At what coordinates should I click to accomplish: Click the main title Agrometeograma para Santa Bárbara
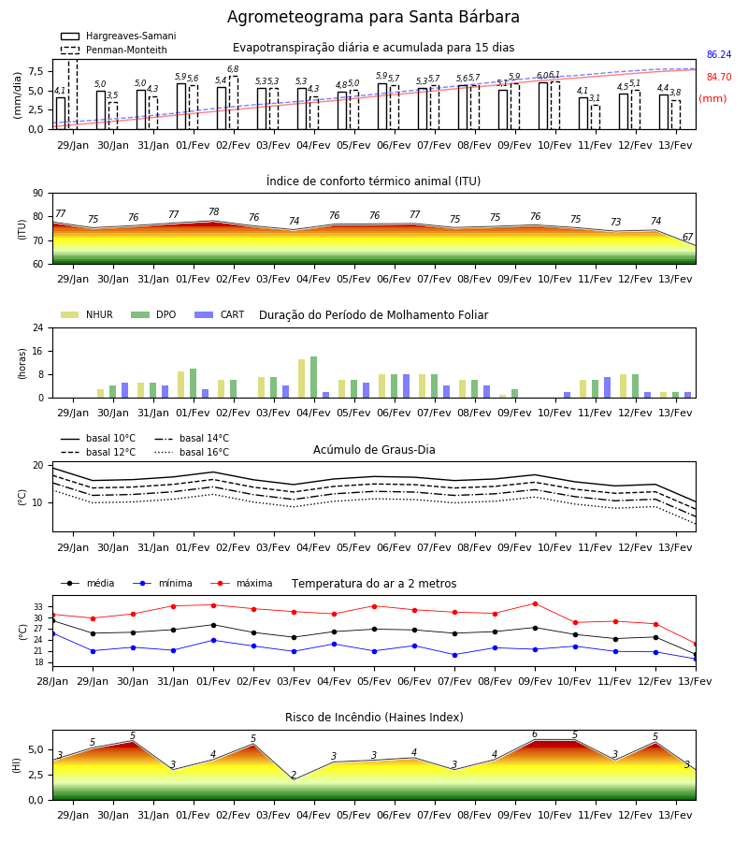(x=373, y=17)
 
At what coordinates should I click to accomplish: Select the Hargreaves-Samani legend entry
(x=118, y=36)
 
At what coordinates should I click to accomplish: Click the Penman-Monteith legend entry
(x=114, y=50)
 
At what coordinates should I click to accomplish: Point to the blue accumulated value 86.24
(x=719, y=55)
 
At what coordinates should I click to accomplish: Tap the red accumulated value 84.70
(x=719, y=78)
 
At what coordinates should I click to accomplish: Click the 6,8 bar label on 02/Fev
(x=233, y=69)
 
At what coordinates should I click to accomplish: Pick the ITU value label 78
(x=213, y=212)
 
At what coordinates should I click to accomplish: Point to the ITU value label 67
(x=687, y=237)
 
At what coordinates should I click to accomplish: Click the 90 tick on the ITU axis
(x=38, y=194)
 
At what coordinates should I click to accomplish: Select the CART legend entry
(x=220, y=314)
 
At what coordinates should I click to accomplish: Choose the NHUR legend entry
(x=87, y=314)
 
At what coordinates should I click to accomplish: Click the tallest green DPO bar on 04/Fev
(x=313, y=377)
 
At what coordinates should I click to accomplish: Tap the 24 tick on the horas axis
(x=38, y=327)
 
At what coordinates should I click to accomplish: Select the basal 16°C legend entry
(x=192, y=452)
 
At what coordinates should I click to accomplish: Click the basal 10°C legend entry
(x=98, y=438)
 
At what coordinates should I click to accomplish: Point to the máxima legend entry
(x=241, y=583)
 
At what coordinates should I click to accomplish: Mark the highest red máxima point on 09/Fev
(x=535, y=603)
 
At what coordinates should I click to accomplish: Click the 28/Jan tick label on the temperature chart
(x=52, y=681)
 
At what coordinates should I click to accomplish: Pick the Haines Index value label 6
(x=535, y=734)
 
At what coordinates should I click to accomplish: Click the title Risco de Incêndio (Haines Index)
(x=374, y=718)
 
